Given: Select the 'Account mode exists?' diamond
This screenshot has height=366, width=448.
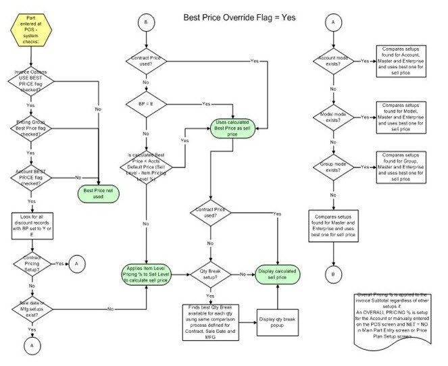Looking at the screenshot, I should (332, 61).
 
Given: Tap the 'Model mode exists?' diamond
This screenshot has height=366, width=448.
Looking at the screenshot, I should (332, 117).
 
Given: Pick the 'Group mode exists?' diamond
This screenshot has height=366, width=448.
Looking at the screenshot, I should (332, 167).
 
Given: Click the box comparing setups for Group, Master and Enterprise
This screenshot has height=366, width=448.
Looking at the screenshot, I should (405, 167).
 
